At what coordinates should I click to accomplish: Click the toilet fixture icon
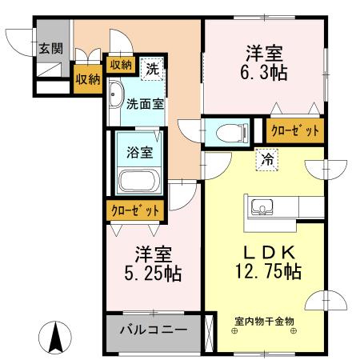[x=226, y=130]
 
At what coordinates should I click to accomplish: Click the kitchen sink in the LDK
[x=263, y=209]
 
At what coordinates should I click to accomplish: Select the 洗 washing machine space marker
[x=152, y=69]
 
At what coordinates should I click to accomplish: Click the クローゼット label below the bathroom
[x=134, y=210]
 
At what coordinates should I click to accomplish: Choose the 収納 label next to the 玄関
[x=87, y=78]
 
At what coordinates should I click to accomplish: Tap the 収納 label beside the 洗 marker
[x=121, y=65]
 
